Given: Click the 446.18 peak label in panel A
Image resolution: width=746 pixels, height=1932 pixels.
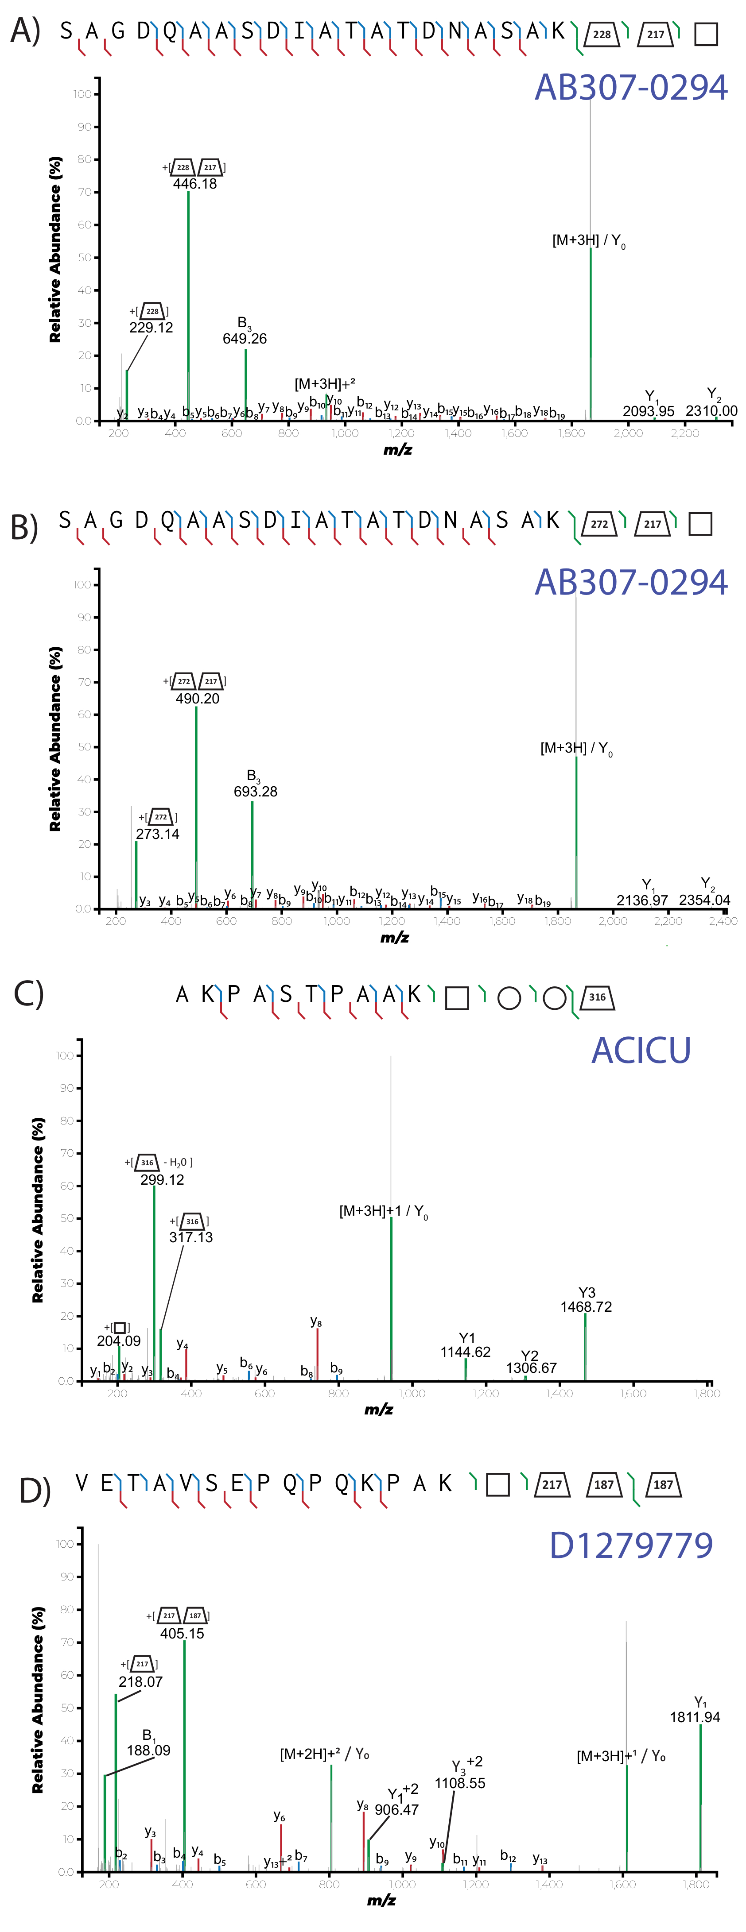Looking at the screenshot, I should [194, 184].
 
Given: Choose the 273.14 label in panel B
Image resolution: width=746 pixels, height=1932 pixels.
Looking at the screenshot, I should [158, 834].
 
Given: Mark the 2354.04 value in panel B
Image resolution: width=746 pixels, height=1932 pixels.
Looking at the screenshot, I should [705, 900].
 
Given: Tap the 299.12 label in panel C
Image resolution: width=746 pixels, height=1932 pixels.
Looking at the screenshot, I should [162, 1180].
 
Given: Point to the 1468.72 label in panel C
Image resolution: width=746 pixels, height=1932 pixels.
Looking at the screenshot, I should [586, 1306].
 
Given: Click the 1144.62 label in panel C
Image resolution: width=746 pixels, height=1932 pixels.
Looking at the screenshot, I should [465, 1352].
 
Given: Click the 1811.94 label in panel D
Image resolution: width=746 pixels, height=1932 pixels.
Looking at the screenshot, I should [695, 1717].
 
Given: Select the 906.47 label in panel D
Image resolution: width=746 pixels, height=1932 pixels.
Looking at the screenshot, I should [396, 1810].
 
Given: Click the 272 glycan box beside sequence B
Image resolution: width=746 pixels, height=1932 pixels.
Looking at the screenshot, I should [599, 523].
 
